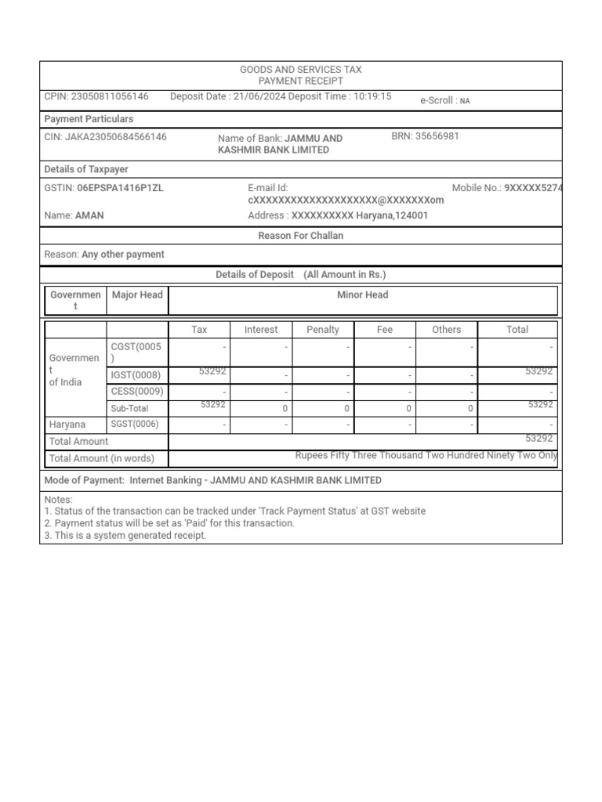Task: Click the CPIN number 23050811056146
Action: [x=110, y=96]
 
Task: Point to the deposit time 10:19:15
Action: [x=372, y=96]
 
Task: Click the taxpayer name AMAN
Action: [x=89, y=215]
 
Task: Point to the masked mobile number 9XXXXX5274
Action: [x=533, y=188]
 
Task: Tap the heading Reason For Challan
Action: [x=301, y=236]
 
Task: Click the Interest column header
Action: [x=261, y=330]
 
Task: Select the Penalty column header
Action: [x=323, y=330]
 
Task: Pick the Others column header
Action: [x=447, y=330]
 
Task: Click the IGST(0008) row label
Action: [x=136, y=375]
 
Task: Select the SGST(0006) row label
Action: [x=135, y=424]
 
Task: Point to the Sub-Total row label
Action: [x=129, y=408]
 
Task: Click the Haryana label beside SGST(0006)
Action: [x=67, y=424]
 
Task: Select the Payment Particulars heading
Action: [x=89, y=119]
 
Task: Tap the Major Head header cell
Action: [x=137, y=295]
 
